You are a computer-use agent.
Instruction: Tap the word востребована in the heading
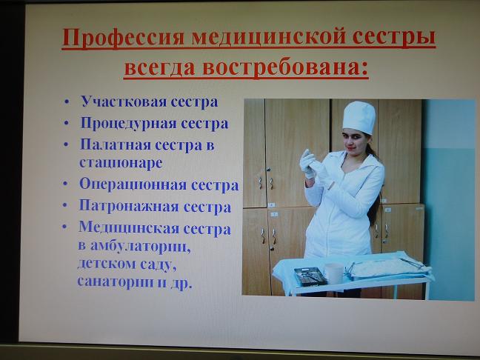(281, 67)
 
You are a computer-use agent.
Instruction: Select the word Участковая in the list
(123, 101)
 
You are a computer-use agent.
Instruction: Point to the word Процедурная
(129, 124)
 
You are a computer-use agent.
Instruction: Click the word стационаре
(121, 163)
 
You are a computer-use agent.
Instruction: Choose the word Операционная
(133, 185)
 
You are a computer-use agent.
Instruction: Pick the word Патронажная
(129, 206)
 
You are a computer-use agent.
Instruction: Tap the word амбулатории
(141, 246)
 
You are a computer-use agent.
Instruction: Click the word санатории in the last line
(116, 281)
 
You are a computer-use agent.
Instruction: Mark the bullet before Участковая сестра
(67, 102)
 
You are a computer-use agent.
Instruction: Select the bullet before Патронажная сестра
(65, 204)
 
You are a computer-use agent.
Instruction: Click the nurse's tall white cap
(359, 118)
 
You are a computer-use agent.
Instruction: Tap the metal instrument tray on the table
(310, 276)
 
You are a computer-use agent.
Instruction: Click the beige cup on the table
(333, 273)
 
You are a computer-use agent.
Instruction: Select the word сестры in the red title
(394, 37)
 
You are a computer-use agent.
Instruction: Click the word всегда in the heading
(160, 67)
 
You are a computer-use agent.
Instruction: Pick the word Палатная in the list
(115, 144)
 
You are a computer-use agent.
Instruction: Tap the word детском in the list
(106, 263)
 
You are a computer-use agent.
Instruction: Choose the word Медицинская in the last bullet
(129, 228)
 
